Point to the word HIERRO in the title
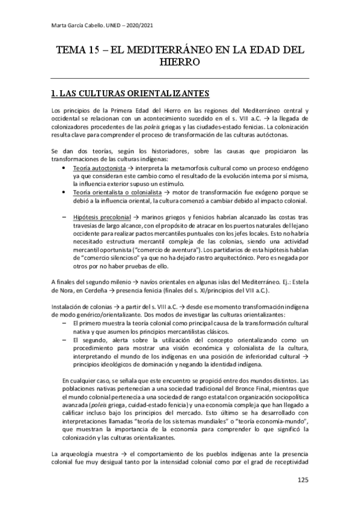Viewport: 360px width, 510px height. [180, 62]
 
